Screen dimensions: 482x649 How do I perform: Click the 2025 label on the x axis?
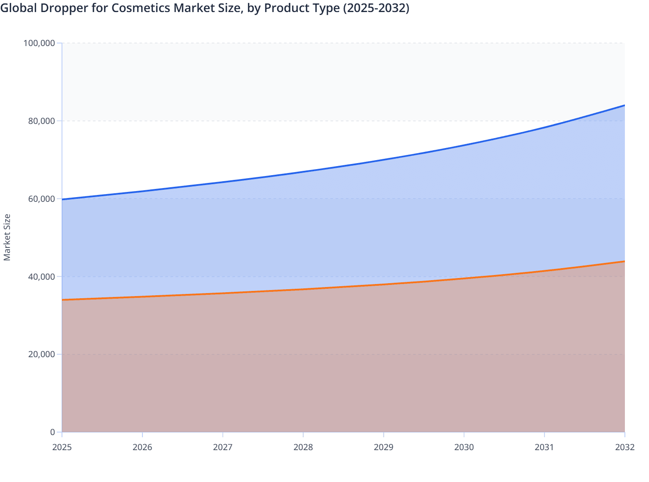click(62, 447)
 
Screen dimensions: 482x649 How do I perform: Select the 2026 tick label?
click(142, 447)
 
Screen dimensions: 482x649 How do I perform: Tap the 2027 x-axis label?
click(223, 447)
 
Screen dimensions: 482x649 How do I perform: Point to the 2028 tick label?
click(303, 447)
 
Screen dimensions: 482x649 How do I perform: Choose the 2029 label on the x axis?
click(383, 447)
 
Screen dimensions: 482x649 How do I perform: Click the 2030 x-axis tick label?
click(464, 447)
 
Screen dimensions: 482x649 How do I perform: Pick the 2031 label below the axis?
click(544, 447)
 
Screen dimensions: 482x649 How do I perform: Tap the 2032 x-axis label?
click(624, 447)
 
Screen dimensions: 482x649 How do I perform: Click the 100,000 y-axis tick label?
click(39, 43)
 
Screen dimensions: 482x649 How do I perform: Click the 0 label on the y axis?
click(53, 432)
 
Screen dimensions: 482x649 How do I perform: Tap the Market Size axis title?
click(7, 237)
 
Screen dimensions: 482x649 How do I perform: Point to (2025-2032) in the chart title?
click(376, 8)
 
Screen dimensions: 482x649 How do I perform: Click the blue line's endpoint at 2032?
click(624, 105)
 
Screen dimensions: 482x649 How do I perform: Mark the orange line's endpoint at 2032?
click(624, 261)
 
